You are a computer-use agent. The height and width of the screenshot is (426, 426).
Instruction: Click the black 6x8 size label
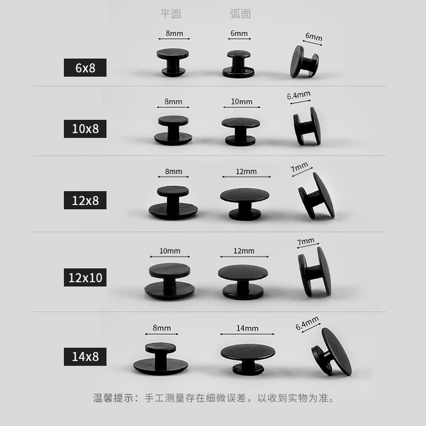pyautogui.click(x=85, y=68)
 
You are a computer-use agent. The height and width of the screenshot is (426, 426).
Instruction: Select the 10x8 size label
pyautogui.click(x=85, y=129)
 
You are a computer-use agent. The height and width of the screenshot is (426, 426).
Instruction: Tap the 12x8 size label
pyautogui.click(x=85, y=200)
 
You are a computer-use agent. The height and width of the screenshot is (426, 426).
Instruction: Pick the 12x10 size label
pyautogui.click(x=85, y=278)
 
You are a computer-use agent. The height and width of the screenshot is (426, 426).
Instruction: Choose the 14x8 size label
pyautogui.click(x=85, y=356)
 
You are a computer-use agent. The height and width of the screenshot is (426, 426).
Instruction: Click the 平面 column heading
pyautogui.click(x=171, y=14)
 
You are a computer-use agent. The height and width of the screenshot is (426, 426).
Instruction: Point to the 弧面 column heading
pyautogui.click(x=240, y=14)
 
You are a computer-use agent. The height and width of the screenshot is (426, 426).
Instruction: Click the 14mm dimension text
pyautogui.click(x=247, y=328)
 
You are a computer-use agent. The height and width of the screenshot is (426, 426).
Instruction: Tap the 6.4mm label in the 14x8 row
pyautogui.click(x=307, y=323)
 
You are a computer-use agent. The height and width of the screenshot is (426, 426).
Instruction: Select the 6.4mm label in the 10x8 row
pyautogui.click(x=299, y=95)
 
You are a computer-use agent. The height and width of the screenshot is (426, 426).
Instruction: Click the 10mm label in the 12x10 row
pyautogui.click(x=170, y=251)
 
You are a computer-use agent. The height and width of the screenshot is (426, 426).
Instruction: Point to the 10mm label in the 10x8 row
pyautogui.click(x=242, y=102)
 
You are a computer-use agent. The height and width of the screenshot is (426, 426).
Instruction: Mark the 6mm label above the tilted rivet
pyautogui.click(x=314, y=37)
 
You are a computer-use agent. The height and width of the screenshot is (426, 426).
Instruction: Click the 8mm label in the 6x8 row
pyautogui.click(x=174, y=33)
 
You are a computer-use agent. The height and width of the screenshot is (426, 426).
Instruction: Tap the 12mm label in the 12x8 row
pyautogui.click(x=246, y=171)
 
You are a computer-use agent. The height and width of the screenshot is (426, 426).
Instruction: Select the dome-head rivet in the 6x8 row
pyautogui.click(x=238, y=64)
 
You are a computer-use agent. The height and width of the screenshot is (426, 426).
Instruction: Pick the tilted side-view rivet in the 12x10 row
pyautogui.click(x=315, y=272)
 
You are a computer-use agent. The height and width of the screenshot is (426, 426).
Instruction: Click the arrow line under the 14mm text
pyautogui.click(x=247, y=334)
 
